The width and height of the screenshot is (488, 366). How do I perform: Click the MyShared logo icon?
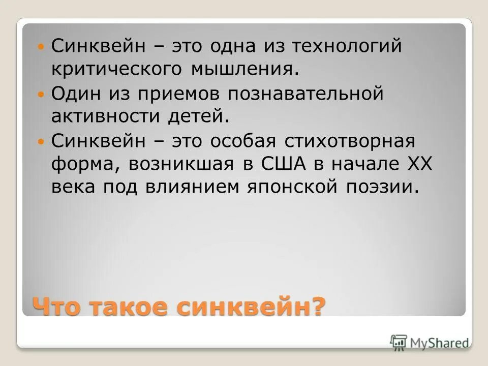(399, 342)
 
